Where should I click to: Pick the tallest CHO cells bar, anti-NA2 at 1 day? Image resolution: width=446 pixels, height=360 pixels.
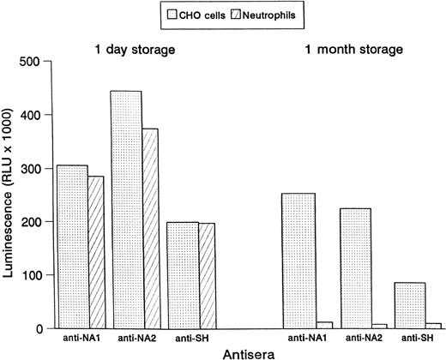[126, 209]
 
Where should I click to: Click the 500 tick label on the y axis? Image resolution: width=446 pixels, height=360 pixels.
[33, 62]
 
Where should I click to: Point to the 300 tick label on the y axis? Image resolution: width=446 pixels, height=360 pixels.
[33, 168]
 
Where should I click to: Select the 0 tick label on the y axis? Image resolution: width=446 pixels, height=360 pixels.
[39, 328]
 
